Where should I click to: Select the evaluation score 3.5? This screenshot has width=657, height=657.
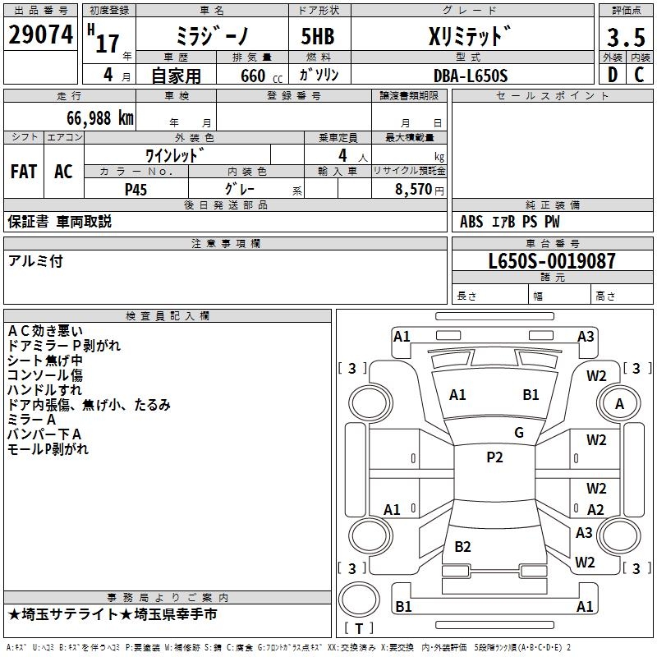626,38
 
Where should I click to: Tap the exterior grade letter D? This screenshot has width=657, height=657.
612,75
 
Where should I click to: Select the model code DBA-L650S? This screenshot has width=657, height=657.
471,76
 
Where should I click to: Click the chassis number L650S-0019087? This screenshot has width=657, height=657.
551,262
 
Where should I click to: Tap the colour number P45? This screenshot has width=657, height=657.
136,189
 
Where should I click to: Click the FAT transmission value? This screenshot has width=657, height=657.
23,172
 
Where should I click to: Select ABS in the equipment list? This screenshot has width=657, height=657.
471,222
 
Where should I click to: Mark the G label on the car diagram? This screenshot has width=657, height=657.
518,433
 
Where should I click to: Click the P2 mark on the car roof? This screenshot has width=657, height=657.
494,457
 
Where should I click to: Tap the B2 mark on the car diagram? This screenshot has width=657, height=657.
463,547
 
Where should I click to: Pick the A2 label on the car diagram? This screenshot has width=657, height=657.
596,510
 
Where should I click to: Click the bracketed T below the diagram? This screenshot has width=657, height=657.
358,628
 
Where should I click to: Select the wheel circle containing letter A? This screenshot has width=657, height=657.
619,404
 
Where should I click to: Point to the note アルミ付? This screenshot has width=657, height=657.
35,261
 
